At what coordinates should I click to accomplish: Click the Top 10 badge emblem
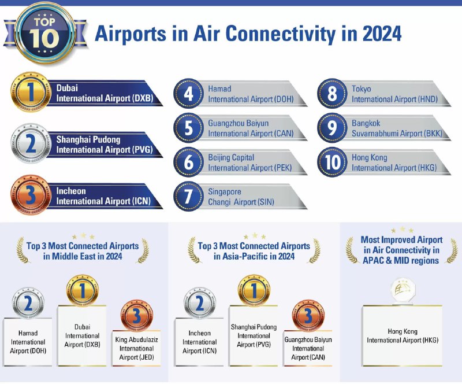pos(44,33)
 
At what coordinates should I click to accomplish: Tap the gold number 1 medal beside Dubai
pos(31,92)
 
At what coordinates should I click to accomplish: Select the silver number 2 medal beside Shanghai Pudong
pos(31,144)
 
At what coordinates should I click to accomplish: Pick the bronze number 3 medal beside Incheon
pos(31,195)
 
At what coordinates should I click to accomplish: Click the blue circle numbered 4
pos(189,94)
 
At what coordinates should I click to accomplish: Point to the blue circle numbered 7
pos(189,196)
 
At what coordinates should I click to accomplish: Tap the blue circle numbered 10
pos(333,162)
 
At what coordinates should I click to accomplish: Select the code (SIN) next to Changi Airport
pos(266,202)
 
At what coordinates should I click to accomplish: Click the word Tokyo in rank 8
pos(362,88)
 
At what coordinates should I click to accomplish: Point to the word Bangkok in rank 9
pos(366,123)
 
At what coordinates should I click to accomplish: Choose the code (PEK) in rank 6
pos(282,168)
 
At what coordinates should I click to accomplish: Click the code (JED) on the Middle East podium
pos(147,357)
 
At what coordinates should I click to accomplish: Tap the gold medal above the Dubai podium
pos(83,290)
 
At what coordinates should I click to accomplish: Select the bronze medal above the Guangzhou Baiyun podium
pos(308,316)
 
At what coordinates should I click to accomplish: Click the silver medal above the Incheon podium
pos(200,303)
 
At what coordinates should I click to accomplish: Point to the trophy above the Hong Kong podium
pos(403,291)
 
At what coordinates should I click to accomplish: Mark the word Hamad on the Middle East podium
pos(28,333)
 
